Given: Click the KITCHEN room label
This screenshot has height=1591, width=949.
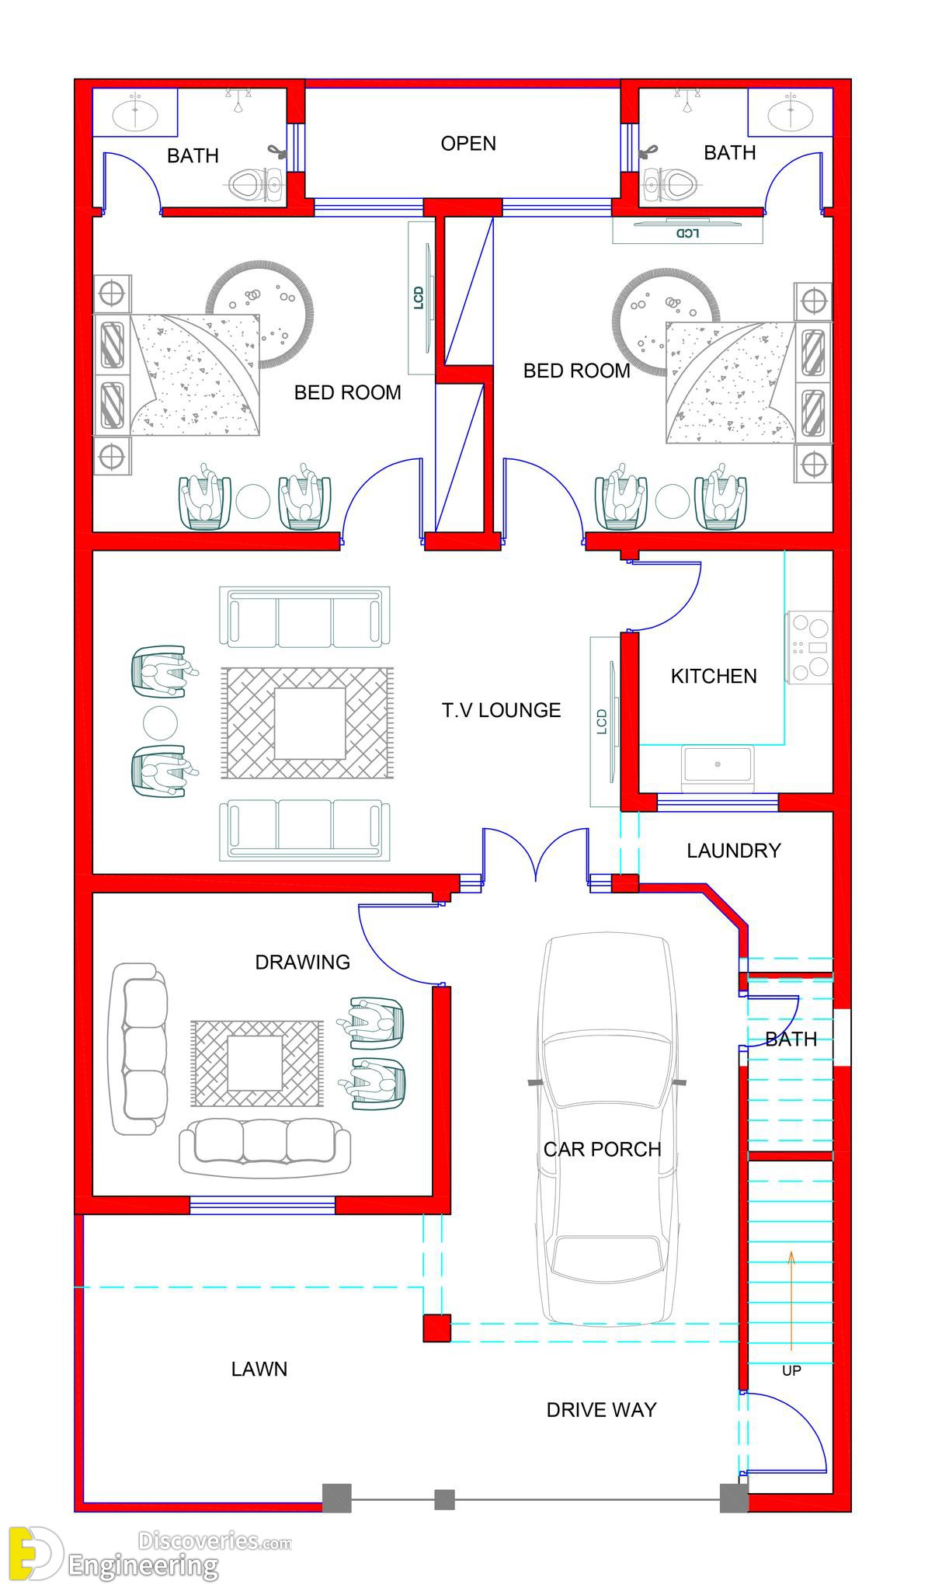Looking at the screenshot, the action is (x=714, y=676).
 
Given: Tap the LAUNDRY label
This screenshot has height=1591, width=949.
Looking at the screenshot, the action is (x=733, y=851).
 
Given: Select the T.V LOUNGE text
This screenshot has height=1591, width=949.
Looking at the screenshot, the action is (x=502, y=710).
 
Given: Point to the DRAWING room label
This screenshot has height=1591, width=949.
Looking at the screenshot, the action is (x=303, y=963).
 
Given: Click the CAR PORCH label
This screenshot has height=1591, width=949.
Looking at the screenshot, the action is (x=602, y=1149).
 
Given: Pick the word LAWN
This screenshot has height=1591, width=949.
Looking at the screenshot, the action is (x=259, y=1369).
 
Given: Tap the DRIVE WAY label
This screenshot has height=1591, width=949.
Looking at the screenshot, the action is (x=602, y=1409).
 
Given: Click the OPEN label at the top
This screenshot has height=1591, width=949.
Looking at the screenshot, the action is (x=468, y=144).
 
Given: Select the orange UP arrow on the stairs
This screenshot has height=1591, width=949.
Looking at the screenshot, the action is (x=791, y=1300).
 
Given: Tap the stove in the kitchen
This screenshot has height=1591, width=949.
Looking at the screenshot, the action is (x=809, y=647).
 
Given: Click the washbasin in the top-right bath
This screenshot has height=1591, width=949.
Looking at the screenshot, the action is (x=791, y=113).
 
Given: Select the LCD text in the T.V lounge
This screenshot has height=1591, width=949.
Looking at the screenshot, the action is (x=602, y=722).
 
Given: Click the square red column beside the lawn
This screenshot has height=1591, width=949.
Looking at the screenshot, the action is (x=436, y=1328).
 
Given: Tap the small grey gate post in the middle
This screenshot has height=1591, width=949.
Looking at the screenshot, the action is (x=444, y=1499).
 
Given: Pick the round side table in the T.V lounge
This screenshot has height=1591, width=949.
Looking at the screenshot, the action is (x=160, y=722).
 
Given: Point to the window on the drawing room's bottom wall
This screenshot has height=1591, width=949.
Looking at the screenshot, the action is (x=262, y=1205).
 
